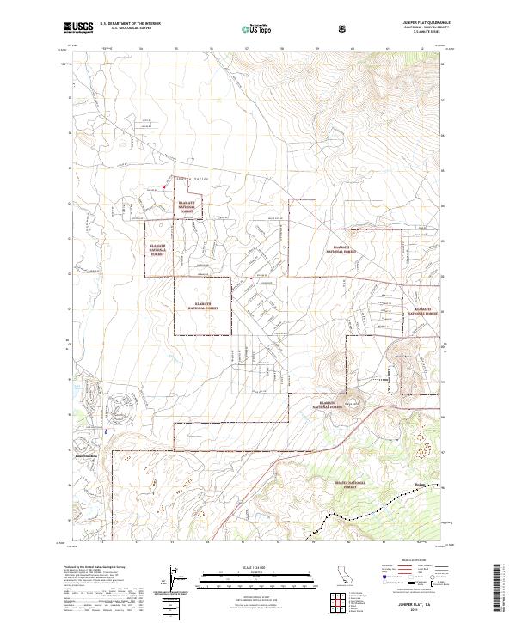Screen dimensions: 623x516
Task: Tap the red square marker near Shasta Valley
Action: (x=163, y=186)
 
